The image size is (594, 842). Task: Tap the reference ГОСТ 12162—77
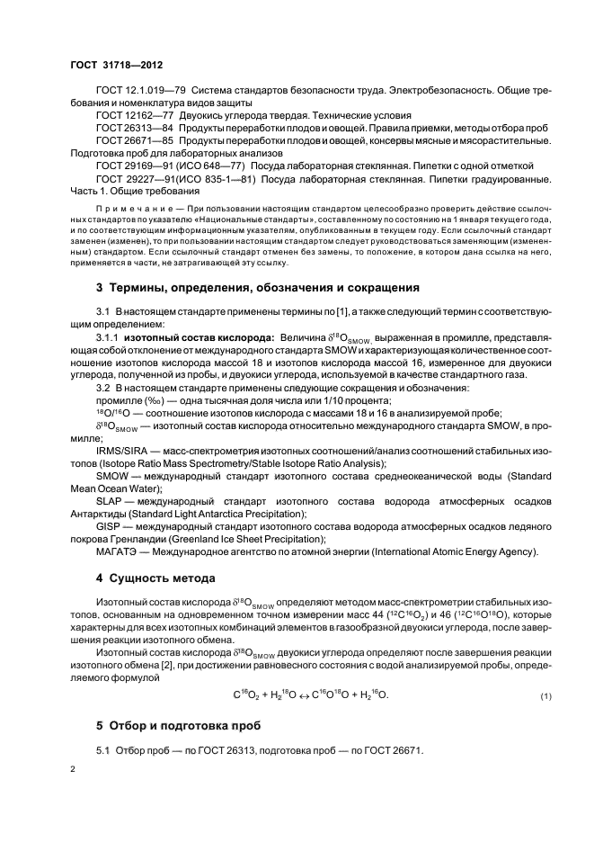pyautogui.click(x=132, y=115)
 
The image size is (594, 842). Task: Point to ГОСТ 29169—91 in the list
pyautogui.click(x=132, y=166)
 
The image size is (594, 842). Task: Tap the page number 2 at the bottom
pyautogui.click(x=73, y=770)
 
